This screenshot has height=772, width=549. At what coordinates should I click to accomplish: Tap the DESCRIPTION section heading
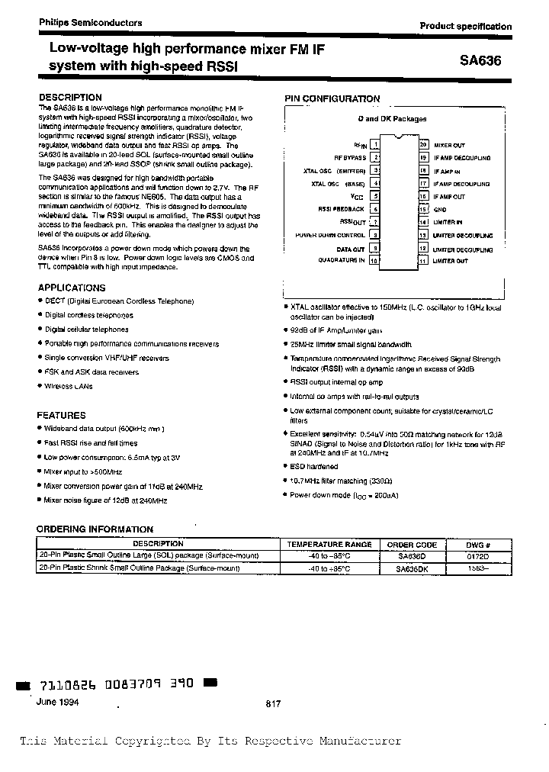tap(69, 98)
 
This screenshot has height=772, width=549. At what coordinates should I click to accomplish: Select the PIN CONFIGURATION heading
tap(332, 98)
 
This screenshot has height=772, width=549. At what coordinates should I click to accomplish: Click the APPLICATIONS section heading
tap(72, 288)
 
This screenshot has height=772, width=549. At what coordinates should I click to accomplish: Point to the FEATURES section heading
tap(61, 415)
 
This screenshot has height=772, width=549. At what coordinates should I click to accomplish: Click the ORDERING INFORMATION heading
tap(95, 529)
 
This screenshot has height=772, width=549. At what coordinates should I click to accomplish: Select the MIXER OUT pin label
tap(449, 144)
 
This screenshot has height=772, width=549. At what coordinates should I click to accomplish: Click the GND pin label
tap(440, 209)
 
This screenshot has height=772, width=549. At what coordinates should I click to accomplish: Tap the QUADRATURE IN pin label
tap(342, 261)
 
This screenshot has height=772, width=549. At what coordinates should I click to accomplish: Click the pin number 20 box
tap(423, 144)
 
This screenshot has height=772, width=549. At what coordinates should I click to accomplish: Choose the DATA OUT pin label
tap(351, 248)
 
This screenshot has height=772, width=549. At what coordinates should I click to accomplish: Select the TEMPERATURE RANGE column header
tap(329, 544)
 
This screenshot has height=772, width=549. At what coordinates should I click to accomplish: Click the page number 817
tap(273, 705)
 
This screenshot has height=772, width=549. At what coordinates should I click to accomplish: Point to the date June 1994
tap(56, 701)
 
